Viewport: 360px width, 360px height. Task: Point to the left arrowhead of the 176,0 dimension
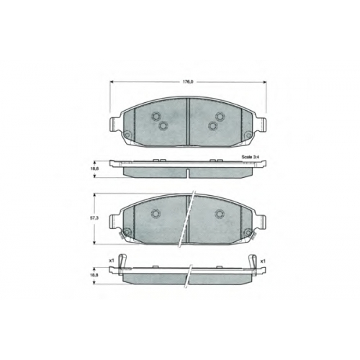click(x=112, y=82)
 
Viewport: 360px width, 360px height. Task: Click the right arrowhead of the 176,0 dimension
click(x=264, y=82)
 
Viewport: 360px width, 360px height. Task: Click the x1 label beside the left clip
click(x=111, y=261)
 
